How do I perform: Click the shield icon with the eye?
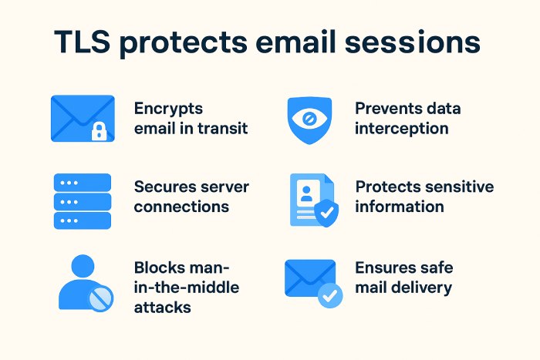click(309, 120)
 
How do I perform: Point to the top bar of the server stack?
click(83, 182)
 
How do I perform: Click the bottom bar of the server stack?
click(83, 220)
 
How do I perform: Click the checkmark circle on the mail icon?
click(330, 295)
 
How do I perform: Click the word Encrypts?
click(167, 109)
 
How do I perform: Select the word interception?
click(401, 128)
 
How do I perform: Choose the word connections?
click(181, 207)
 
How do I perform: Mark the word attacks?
click(163, 307)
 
